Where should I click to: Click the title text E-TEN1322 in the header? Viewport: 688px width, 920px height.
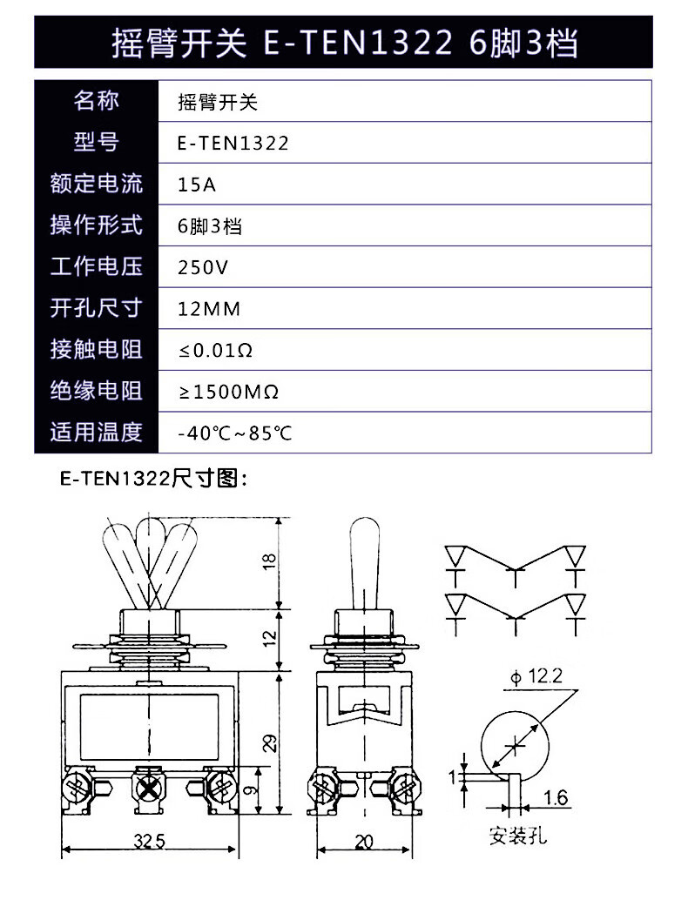359,42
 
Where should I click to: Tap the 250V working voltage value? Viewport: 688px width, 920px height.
202,267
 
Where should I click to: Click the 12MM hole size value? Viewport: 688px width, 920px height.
208,309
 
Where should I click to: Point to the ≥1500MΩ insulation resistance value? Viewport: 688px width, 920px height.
228,392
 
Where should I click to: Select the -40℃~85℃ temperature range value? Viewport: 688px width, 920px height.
234,433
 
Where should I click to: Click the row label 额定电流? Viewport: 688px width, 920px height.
97,185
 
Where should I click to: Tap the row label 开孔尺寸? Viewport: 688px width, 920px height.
97,309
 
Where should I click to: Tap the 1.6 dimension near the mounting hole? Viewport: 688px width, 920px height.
556,797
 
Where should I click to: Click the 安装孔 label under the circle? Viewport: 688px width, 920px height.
518,836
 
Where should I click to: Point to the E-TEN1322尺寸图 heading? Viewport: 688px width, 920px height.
154,479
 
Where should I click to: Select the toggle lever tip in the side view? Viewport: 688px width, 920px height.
364,533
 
